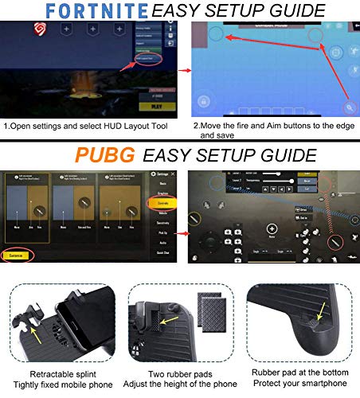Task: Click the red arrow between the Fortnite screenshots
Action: pyautogui.click(x=181, y=69)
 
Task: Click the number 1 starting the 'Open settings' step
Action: pyautogui.click(x=6, y=126)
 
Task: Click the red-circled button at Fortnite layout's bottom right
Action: pyautogui.click(x=348, y=107)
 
